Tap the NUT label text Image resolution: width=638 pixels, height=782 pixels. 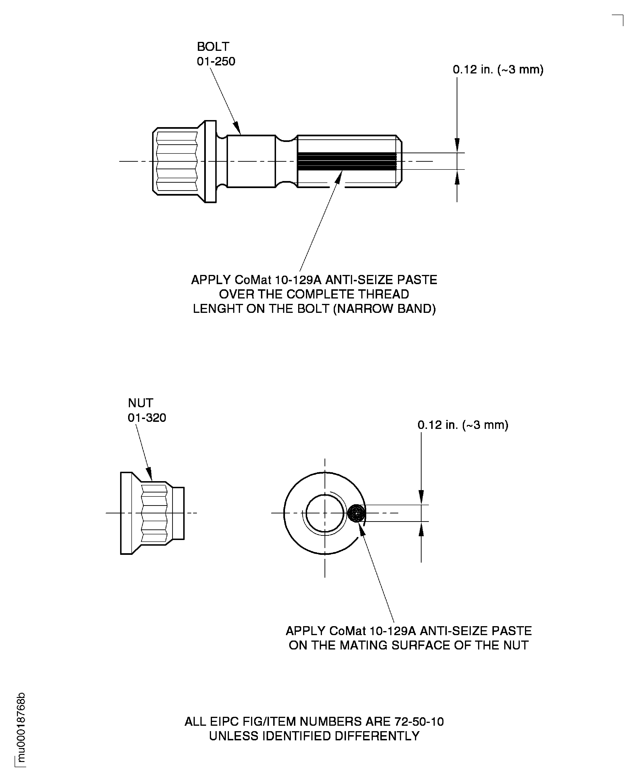tap(140, 403)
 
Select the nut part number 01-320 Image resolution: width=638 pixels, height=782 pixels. tap(147, 418)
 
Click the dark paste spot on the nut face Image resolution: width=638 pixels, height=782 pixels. tap(356, 513)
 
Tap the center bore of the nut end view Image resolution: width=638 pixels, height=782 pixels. tap(325, 513)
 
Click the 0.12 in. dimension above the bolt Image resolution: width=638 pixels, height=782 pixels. tap(498, 69)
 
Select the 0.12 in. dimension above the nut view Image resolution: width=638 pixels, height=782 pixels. tap(463, 425)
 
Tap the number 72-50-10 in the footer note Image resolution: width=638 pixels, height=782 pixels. tap(419, 722)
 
